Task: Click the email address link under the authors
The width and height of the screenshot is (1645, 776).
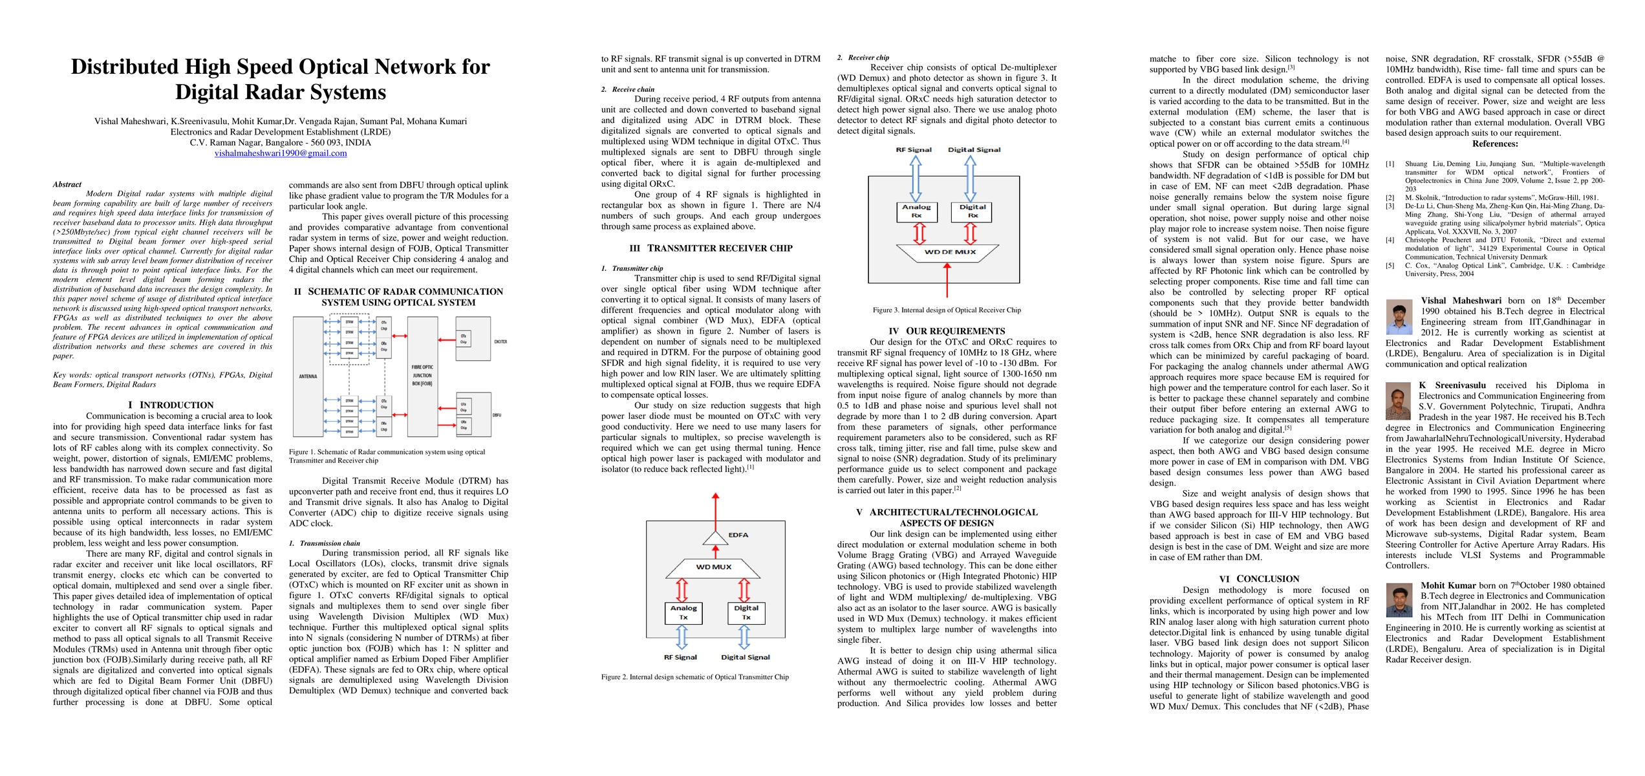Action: [281, 153]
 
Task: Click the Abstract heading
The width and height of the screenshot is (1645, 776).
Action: [67, 184]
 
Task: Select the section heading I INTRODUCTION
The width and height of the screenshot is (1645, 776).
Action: [171, 405]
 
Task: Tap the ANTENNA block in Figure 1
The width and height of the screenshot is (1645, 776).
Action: [308, 376]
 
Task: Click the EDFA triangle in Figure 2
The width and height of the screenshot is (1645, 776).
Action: [715, 537]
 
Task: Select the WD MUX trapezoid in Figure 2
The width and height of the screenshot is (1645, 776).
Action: [713, 567]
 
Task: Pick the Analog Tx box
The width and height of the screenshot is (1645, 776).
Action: [683, 612]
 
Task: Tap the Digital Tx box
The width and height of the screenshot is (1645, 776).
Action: [746, 612]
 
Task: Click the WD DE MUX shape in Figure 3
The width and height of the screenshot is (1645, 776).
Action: [949, 252]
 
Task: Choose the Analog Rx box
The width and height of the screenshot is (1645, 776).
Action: [916, 211]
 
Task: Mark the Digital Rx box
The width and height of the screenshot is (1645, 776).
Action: [973, 211]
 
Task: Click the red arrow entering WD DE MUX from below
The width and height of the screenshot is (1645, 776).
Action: [947, 281]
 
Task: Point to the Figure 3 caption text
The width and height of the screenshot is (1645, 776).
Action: [947, 310]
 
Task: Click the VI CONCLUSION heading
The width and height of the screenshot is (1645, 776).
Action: [1259, 579]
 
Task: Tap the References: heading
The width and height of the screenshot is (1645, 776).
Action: [1495, 144]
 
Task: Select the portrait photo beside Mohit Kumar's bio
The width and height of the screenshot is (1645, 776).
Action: [1399, 601]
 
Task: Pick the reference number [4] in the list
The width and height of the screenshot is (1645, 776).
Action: [1390, 240]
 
